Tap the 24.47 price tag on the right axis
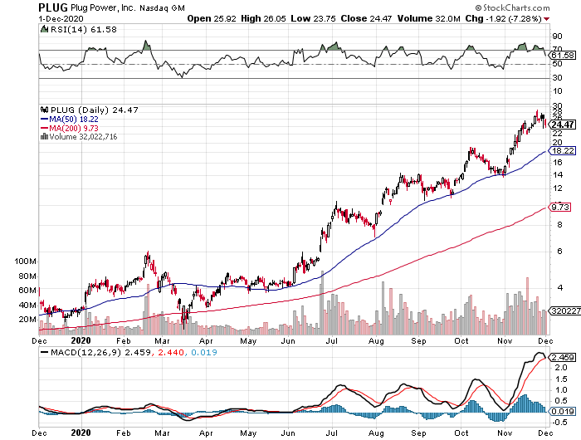[564, 125]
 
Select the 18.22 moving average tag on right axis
[564, 151]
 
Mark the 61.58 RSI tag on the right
[564, 55]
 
